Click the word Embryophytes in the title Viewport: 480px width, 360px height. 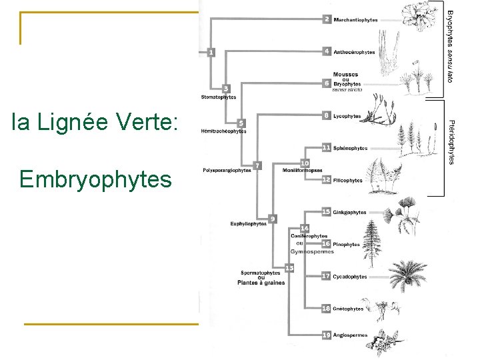coord(95,179)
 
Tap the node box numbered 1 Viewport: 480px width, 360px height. coord(211,51)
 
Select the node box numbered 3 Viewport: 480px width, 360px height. coord(227,88)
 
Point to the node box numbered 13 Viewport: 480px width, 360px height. coord(289,267)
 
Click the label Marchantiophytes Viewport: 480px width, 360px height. coord(355,20)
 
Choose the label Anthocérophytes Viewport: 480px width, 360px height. coord(354,52)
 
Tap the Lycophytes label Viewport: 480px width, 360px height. coord(347,116)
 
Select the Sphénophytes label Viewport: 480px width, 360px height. coord(350,148)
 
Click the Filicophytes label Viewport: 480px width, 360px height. coord(348,180)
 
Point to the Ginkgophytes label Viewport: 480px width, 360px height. coord(350,212)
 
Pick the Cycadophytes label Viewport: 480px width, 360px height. coord(350,277)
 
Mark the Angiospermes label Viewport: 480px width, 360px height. coord(351,335)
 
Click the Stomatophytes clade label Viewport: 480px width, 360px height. coord(219,97)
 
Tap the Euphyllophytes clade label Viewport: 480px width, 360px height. coord(249,224)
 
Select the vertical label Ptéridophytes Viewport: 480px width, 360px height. coord(451,142)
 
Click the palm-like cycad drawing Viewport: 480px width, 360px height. coord(406,273)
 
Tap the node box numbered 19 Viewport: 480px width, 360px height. coord(326,335)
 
